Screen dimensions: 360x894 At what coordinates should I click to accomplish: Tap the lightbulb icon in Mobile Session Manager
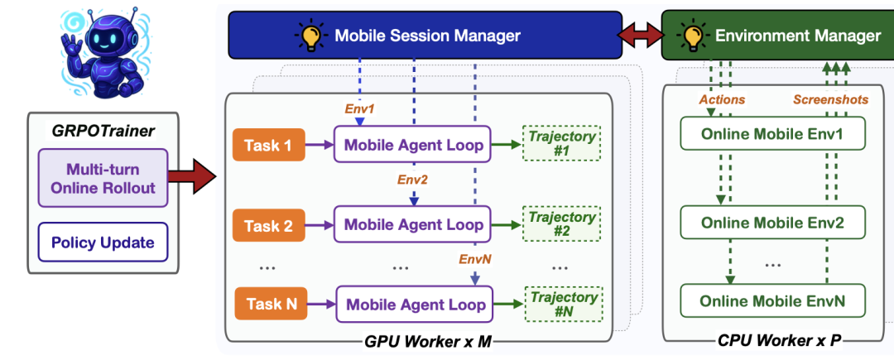(x=311, y=36)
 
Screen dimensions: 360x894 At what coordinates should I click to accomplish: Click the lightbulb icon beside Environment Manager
(x=691, y=36)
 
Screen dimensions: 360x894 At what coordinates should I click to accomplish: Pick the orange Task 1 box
(x=269, y=145)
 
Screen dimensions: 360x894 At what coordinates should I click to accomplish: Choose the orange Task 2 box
(x=269, y=224)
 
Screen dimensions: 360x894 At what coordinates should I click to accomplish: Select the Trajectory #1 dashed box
(x=563, y=144)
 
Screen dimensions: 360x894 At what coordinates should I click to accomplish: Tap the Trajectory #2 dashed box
(x=563, y=223)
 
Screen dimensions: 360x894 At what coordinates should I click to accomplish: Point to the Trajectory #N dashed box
(x=563, y=304)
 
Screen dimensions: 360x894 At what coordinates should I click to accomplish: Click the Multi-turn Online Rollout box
(x=103, y=177)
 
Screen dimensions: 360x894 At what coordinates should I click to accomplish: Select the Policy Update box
(x=103, y=242)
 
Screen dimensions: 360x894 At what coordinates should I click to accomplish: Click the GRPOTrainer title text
(x=103, y=130)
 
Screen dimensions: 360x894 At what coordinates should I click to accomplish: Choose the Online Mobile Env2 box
(x=773, y=222)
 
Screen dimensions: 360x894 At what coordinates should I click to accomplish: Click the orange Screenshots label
(x=830, y=99)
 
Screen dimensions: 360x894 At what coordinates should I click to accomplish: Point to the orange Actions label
(x=722, y=99)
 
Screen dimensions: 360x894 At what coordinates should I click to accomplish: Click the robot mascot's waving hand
(x=74, y=41)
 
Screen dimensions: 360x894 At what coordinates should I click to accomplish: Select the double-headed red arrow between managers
(x=642, y=35)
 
